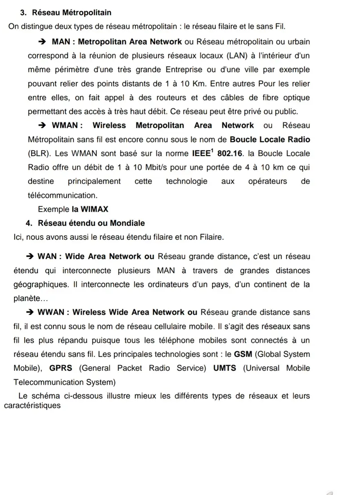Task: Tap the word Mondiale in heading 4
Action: [129, 223]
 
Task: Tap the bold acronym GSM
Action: [243, 355]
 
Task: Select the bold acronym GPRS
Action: [61, 368]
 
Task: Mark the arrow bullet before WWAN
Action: [31, 312]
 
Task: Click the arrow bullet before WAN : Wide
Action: [31, 256]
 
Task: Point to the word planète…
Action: [30, 298]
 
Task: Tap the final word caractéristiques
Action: [32, 405]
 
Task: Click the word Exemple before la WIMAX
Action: [54, 210]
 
